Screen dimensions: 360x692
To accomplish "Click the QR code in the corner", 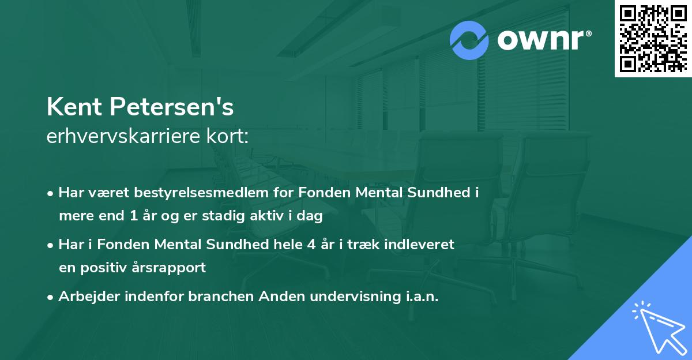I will [x=652, y=38].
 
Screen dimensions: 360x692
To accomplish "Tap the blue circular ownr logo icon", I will [x=469, y=40].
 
